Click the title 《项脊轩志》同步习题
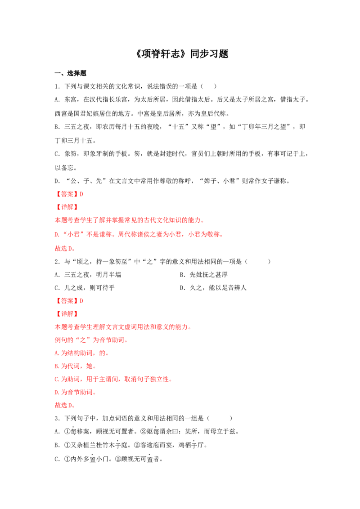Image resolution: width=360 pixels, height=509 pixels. coord(182,54)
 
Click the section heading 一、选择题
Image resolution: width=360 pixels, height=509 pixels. coord(71,73)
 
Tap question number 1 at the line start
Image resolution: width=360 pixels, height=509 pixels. coord(57,86)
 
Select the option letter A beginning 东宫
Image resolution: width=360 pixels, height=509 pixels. coord(57,99)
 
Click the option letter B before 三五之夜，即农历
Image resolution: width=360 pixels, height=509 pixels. coord(57,127)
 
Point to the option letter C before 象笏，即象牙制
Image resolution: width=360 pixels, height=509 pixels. coord(57,154)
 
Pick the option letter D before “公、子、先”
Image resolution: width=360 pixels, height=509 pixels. coord(57,181)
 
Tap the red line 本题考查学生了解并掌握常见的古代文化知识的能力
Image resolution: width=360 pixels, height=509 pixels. coord(130,220)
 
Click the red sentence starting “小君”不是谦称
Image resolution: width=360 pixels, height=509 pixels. coord(139,234)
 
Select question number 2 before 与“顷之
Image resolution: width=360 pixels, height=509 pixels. coord(57,262)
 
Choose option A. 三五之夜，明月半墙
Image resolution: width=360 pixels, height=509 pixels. coord(88,275)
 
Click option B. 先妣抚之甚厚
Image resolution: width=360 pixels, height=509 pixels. coord(204,275)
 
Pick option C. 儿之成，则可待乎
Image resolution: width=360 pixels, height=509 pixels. coord(85,288)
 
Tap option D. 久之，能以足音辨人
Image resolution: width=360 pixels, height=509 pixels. coord(213,288)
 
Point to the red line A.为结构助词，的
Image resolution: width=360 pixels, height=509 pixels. coord(81,353)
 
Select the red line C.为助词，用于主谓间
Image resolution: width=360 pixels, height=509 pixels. coord(113,379)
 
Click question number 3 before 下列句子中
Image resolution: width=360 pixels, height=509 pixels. coord(57,419)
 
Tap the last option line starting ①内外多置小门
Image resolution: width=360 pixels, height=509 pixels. coord(108,459)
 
